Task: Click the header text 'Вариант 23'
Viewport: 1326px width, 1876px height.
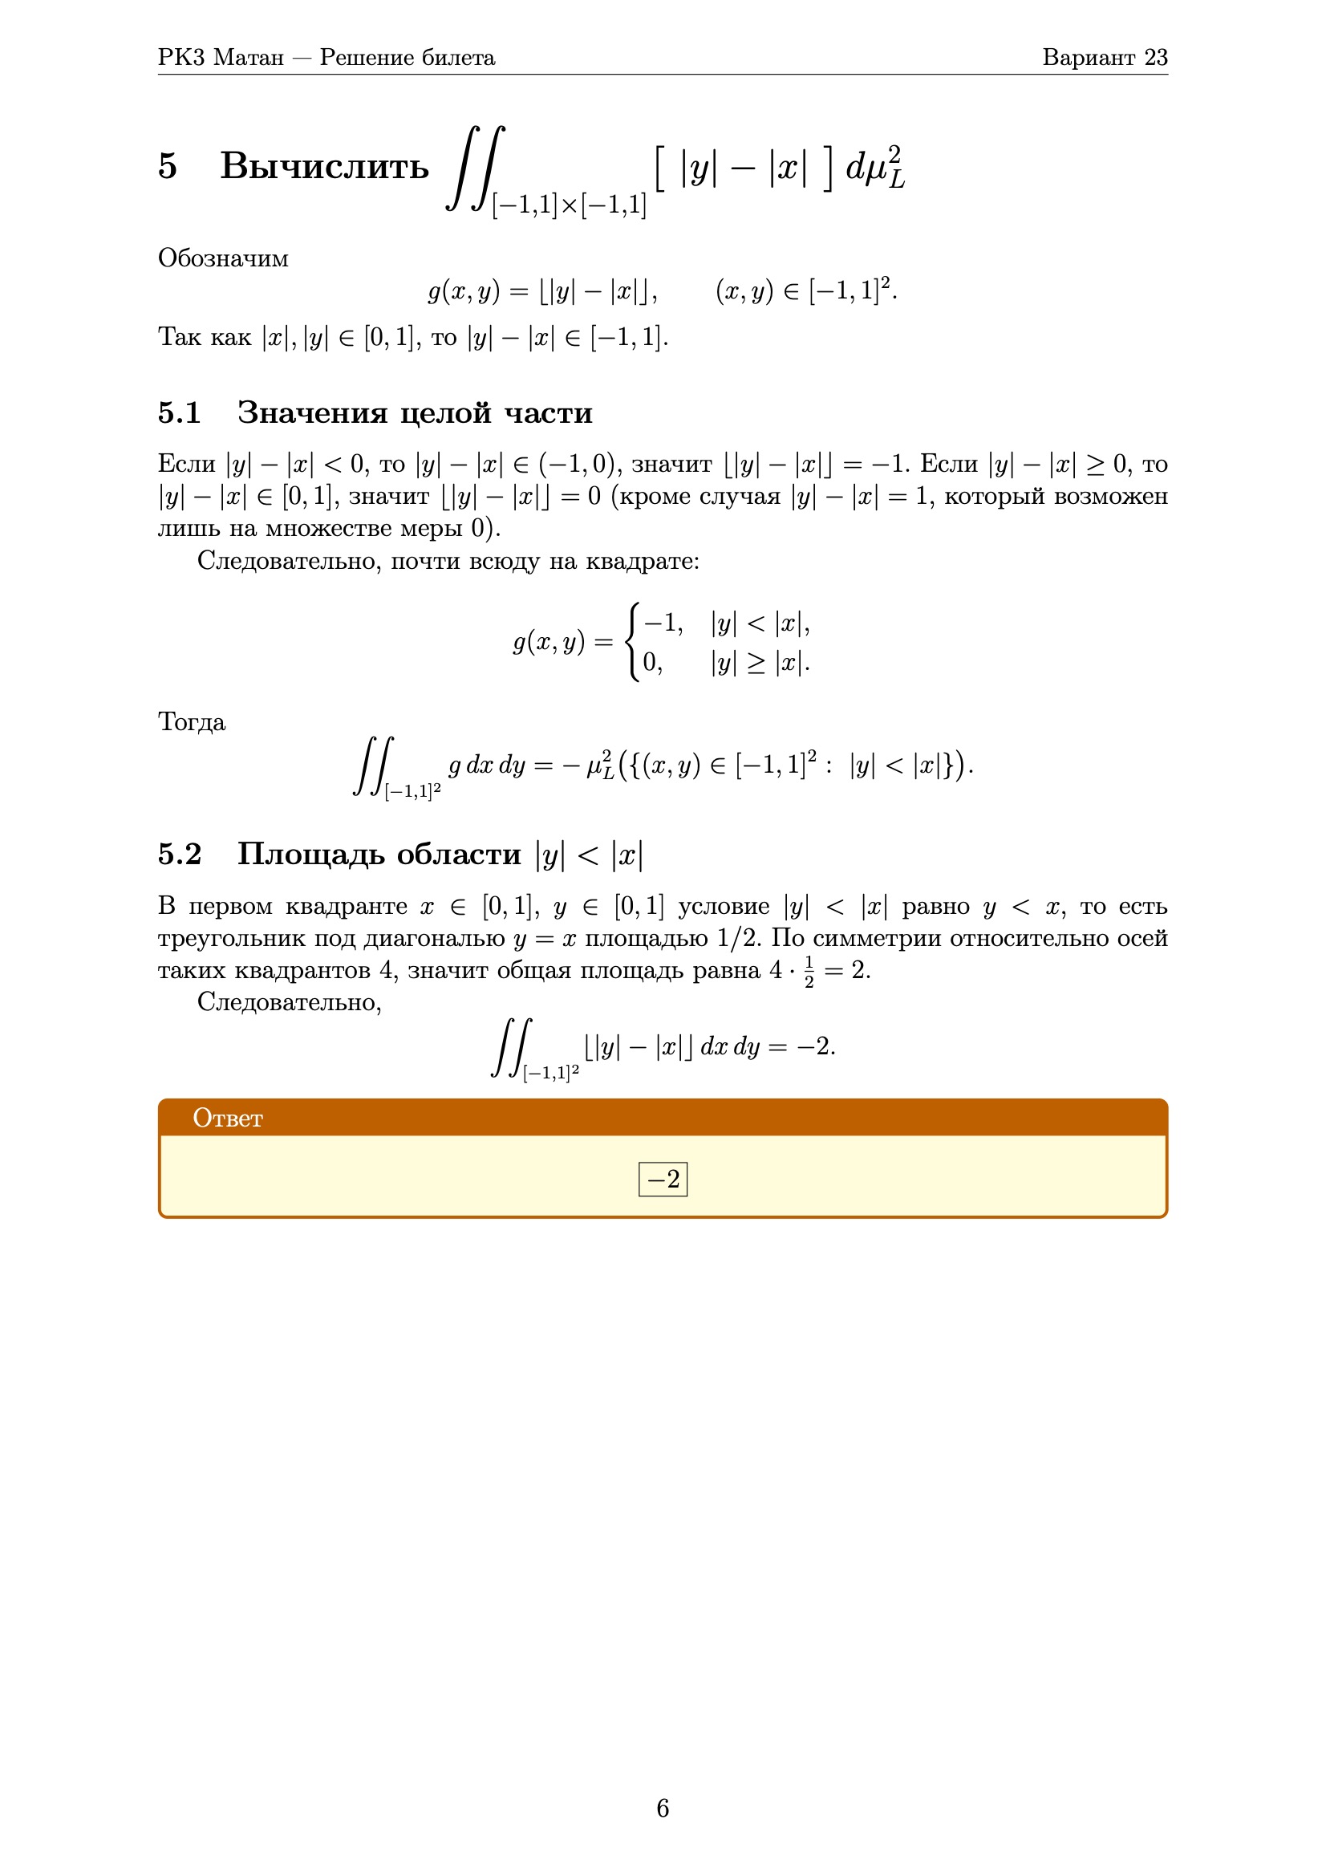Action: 1104,57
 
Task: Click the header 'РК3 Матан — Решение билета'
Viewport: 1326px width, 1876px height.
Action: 326,57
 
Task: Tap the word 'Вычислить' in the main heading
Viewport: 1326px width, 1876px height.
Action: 324,166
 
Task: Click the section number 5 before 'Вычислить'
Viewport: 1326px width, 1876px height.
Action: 168,166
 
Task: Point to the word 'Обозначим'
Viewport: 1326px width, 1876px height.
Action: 223,258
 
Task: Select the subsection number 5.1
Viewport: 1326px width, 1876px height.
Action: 180,412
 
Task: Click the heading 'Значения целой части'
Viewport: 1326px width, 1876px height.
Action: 414,412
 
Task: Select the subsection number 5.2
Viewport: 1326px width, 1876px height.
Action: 180,854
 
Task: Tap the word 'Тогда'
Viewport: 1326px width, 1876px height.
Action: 191,722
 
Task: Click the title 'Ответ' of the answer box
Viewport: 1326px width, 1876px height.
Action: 228,1118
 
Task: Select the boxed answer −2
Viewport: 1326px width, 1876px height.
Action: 663,1179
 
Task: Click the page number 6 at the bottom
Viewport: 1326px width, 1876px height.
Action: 663,1808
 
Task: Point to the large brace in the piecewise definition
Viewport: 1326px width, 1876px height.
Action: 631,641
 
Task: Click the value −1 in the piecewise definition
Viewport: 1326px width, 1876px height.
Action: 662,623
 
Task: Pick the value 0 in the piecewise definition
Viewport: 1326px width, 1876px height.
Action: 651,662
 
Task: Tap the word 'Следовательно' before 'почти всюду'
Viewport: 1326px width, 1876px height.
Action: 290,562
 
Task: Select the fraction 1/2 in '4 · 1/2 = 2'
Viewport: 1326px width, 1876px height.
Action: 809,971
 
